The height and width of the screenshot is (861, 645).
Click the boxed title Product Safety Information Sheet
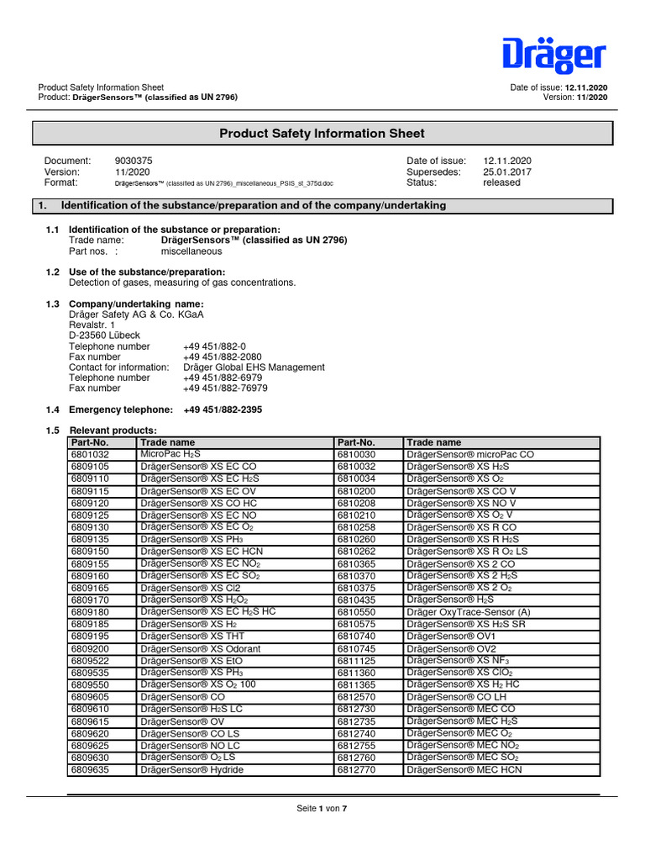pyautogui.click(x=322, y=134)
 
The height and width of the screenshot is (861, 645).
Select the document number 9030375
pyautogui.click(x=134, y=161)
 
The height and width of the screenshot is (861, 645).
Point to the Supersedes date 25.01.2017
pyautogui.click(x=506, y=172)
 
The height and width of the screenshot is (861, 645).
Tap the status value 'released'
pyautogui.click(x=501, y=182)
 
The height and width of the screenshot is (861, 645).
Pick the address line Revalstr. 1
pyautogui.click(x=92, y=325)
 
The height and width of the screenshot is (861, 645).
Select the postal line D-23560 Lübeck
pyautogui.click(x=104, y=335)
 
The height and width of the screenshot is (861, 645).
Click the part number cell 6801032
pyautogui.click(x=91, y=454)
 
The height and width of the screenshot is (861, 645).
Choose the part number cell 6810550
pyautogui.click(x=356, y=613)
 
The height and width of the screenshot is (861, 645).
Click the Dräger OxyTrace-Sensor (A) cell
pyautogui.click(x=469, y=613)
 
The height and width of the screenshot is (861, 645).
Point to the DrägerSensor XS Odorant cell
pyautogui.click(x=201, y=649)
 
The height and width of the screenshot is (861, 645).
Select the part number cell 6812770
pyautogui.click(x=356, y=769)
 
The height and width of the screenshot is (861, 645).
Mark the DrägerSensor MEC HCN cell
pyautogui.click(x=464, y=769)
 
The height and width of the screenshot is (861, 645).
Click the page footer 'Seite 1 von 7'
pyautogui.click(x=322, y=809)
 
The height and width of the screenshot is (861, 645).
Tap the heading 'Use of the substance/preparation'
pyautogui.click(x=147, y=272)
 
